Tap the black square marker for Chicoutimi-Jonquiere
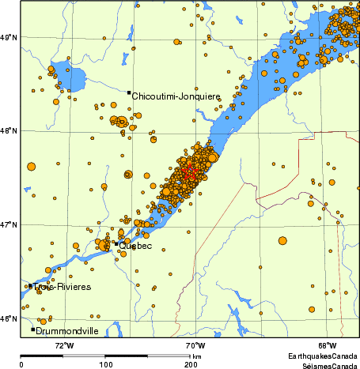point(129,92)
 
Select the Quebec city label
point(136,246)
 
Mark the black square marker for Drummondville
point(33,329)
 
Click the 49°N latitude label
point(9,37)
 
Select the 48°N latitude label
point(9,131)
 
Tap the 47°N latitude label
point(9,225)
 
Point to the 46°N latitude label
point(9,319)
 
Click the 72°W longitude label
point(64,345)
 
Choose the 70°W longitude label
point(195,345)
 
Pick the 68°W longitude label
point(327,345)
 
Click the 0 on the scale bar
point(21,365)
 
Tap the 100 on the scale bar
point(105,365)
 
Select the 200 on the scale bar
point(190,365)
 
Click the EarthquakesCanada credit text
point(322,356)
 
